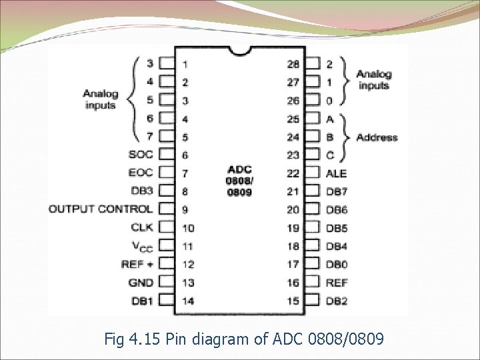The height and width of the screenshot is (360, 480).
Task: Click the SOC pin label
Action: click(x=141, y=155)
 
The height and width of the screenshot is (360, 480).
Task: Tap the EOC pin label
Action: click(x=141, y=173)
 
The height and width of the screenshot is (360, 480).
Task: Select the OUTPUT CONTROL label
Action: click(x=101, y=209)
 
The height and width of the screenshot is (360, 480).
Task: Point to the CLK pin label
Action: click(x=142, y=227)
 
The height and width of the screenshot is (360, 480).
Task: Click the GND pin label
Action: click(x=141, y=283)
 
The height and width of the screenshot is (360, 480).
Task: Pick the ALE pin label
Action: click(x=336, y=173)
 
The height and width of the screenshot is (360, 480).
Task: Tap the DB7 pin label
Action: click(x=337, y=191)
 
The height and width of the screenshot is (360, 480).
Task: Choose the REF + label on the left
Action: click(x=137, y=264)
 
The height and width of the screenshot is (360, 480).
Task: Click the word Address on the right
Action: click(x=377, y=137)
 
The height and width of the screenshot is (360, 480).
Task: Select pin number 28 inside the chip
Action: click(x=293, y=65)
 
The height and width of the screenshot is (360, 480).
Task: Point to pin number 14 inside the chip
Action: click(x=188, y=301)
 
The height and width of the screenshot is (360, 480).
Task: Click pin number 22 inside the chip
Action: click(x=293, y=173)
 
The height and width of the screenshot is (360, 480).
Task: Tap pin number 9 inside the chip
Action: click(x=185, y=210)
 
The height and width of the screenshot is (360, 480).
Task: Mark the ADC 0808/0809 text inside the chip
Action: click(x=239, y=180)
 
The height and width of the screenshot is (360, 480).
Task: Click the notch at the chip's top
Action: click(x=240, y=50)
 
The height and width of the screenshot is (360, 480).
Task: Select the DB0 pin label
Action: click(x=337, y=265)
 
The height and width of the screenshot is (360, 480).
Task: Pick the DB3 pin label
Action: click(x=142, y=191)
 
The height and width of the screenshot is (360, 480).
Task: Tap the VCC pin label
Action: click(x=141, y=246)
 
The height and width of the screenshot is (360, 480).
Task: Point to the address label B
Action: click(x=329, y=137)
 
